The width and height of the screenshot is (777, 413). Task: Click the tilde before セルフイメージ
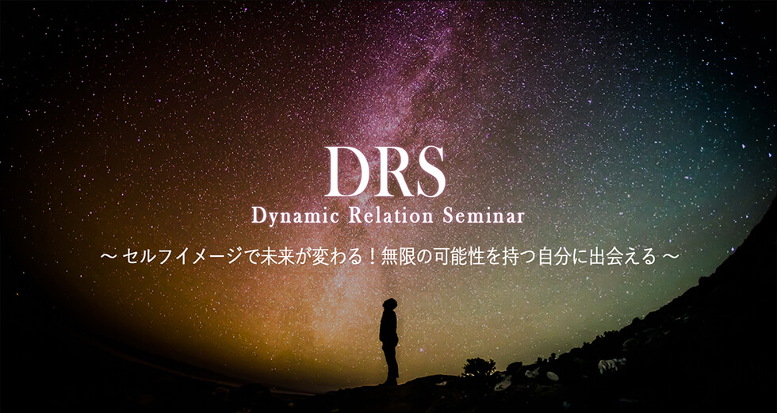click(x=108, y=258)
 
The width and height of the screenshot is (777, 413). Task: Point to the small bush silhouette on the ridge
click(x=478, y=367)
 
